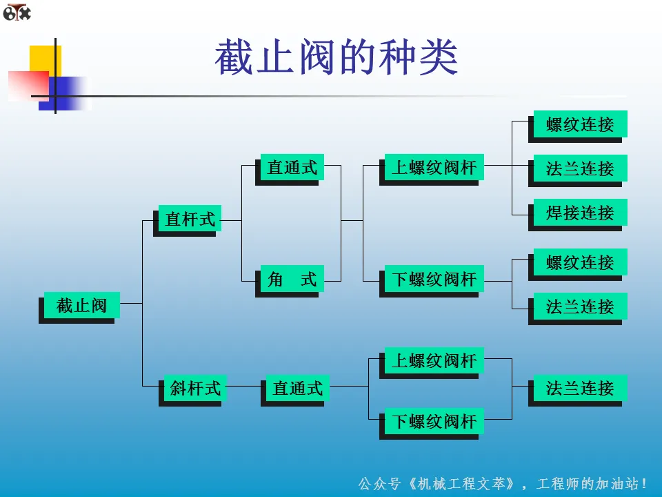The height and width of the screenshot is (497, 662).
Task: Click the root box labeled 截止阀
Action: [x=81, y=305]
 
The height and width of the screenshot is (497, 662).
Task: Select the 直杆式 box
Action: [x=190, y=220]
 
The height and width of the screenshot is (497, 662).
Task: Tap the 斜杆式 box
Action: [x=195, y=388]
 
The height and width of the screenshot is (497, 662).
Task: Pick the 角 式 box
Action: [x=292, y=279]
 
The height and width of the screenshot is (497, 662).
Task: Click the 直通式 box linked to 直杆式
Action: [x=292, y=167]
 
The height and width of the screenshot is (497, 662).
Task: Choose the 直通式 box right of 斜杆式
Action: [x=297, y=388]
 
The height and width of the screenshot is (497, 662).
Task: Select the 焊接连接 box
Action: [x=579, y=213]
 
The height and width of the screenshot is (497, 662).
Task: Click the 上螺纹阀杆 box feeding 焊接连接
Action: [x=434, y=167]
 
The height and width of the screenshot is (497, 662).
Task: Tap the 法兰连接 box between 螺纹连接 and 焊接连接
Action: [x=579, y=168]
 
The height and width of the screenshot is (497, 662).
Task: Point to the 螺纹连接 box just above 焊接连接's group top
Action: [x=579, y=124]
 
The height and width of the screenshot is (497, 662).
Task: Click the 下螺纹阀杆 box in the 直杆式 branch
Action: [x=434, y=279]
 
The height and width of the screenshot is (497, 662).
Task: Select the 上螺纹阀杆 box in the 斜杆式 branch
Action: [x=434, y=360]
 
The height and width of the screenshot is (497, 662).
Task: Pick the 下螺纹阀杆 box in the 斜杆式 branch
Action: [x=434, y=420]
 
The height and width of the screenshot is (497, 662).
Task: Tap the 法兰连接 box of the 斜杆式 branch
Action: [x=579, y=388]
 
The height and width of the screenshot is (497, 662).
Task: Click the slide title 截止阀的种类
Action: [x=336, y=58]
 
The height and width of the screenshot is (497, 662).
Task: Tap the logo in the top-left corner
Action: [x=17, y=12]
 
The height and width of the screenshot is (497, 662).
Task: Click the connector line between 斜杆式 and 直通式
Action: [x=243, y=387]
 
